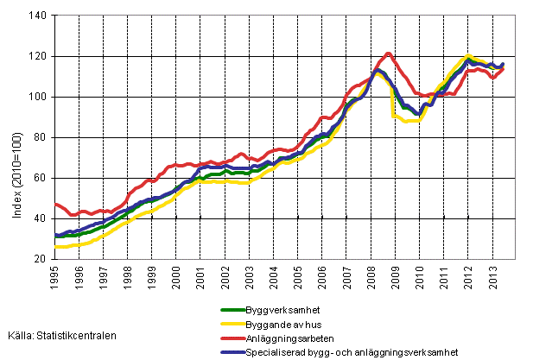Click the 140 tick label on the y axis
pos(40,16)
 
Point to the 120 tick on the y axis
pos(40,56)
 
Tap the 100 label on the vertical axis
pos(40,97)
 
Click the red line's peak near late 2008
pos(388,54)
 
